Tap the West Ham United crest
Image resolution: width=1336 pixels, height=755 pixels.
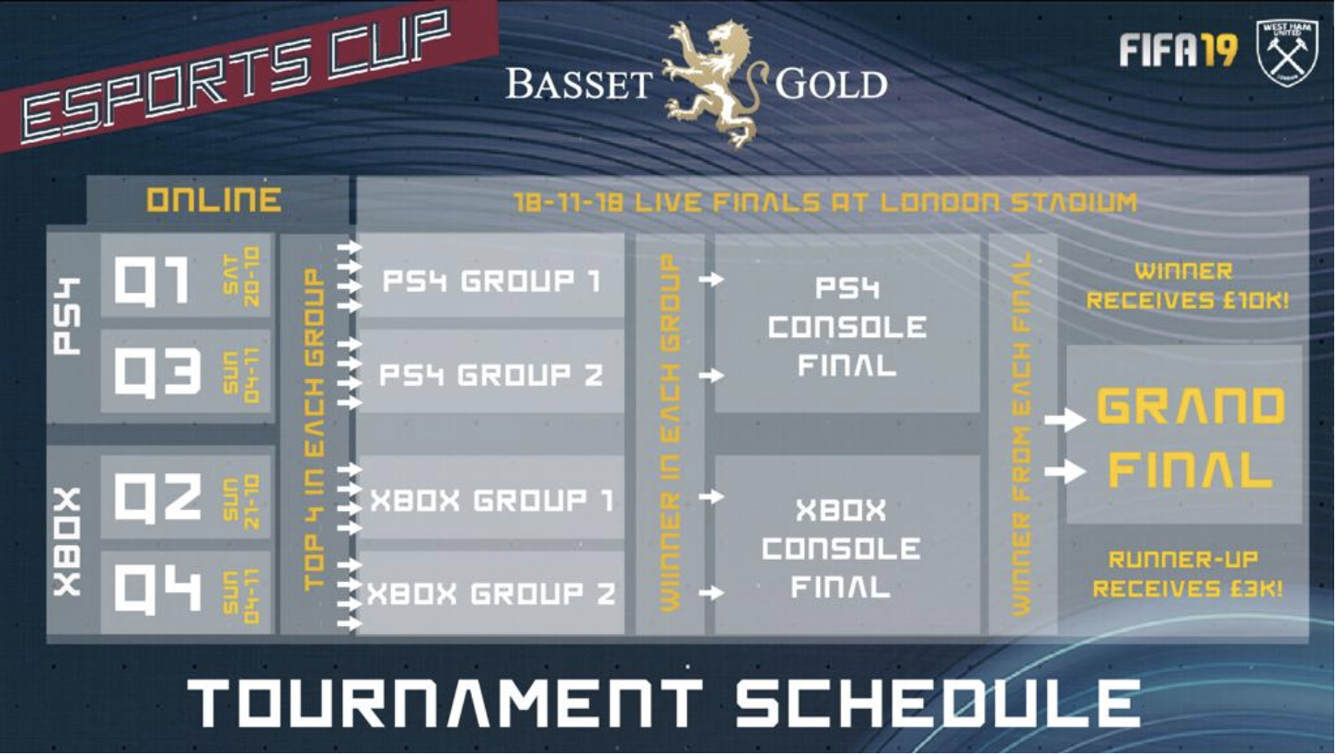pyautogui.click(x=1287, y=52)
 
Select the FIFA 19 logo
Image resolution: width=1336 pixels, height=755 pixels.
pyautogui.click(x=1178, y=50)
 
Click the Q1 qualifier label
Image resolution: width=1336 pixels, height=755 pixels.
pyautogui.click(x=152, y=282)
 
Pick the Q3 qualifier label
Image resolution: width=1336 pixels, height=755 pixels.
pyautogui.click(x=156, y=372)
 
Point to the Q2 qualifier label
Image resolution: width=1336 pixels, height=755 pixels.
pyautogui.click(x=156, y=498)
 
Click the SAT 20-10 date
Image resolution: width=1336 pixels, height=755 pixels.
pyautogui.click(x=242, y=277)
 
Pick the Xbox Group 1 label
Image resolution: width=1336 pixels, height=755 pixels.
pyautogui.click(x=491, y=500)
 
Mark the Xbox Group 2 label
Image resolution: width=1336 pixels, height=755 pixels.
pyautogui.click(x=491, y=594)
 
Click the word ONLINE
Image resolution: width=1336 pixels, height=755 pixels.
pyautogui.click(x=214, y=200)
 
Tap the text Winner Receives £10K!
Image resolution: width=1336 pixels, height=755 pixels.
pyautogui.click(x=1187, y=285)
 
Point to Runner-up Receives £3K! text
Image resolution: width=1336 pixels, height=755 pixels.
pyautogui.click(x=1187, y=575)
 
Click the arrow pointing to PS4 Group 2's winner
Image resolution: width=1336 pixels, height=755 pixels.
pyautogui.click(x=711, y=376)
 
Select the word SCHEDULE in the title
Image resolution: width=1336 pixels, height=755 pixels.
pyautogui.click(x=938, y=703)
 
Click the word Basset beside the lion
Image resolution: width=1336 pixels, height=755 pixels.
pyautogui.click(x=579, y=84)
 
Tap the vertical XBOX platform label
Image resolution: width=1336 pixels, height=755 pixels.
pyautogui.click(x=67, y=542)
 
